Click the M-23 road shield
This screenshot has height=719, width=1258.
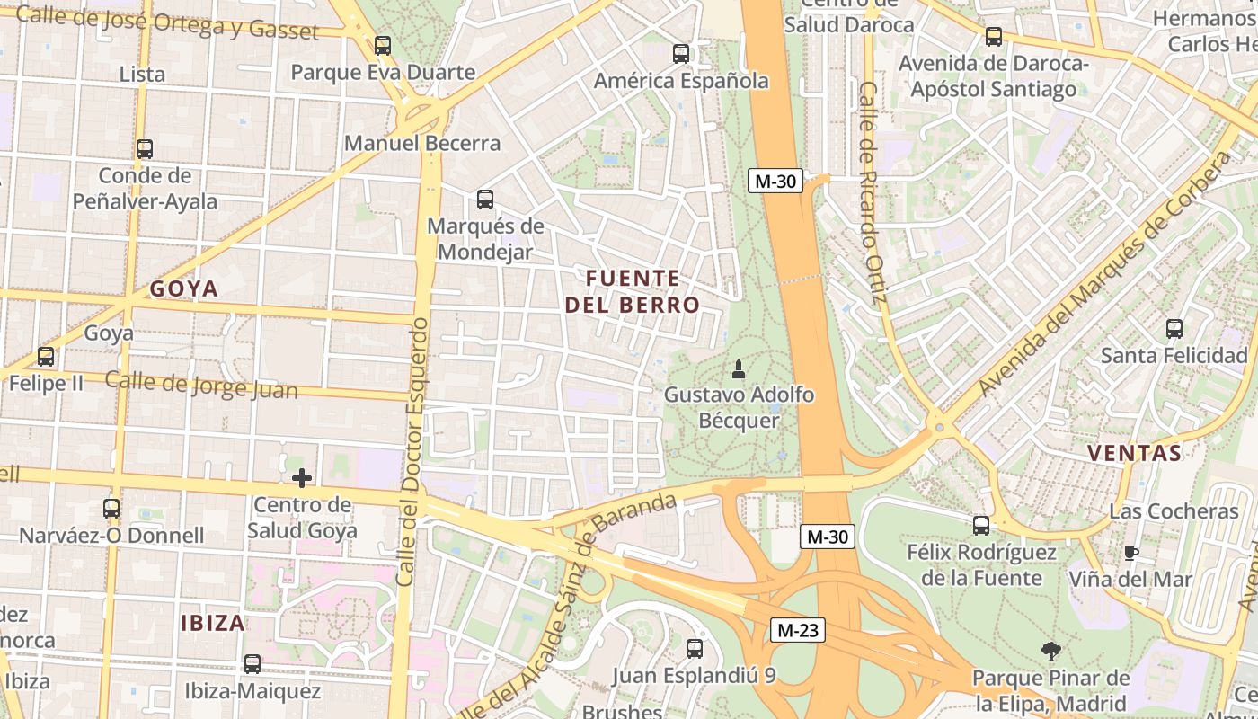[x=797, y=630]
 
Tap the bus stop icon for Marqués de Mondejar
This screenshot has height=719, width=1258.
[x=485, y=200]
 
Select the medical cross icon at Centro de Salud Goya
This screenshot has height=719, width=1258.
[x=302, y=477]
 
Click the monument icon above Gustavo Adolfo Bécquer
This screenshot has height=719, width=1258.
[x=739, y=368]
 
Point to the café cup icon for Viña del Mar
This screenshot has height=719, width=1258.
[x=1131, y=553]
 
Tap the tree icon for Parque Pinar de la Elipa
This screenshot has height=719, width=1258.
[x=1050, y=652]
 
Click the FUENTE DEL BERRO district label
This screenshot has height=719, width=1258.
[x=633, y=291]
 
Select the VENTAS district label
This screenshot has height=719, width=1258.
[x=1134, y=453]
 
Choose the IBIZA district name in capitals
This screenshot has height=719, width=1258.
[x=213, y=623]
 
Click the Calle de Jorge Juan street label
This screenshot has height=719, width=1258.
[x=201, y=385]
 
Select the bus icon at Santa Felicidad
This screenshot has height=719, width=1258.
[x=1174, y=329]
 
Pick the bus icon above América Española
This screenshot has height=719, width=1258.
[x=681, y=54]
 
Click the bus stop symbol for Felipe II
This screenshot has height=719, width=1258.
[x=46, y=357]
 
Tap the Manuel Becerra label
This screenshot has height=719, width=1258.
[x=422, y=143]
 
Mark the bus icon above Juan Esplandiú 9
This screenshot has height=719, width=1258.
[x=694, y=649]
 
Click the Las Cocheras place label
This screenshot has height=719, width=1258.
[x=1174, y=510]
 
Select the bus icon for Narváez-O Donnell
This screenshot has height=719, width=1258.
[x=111, y=509]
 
